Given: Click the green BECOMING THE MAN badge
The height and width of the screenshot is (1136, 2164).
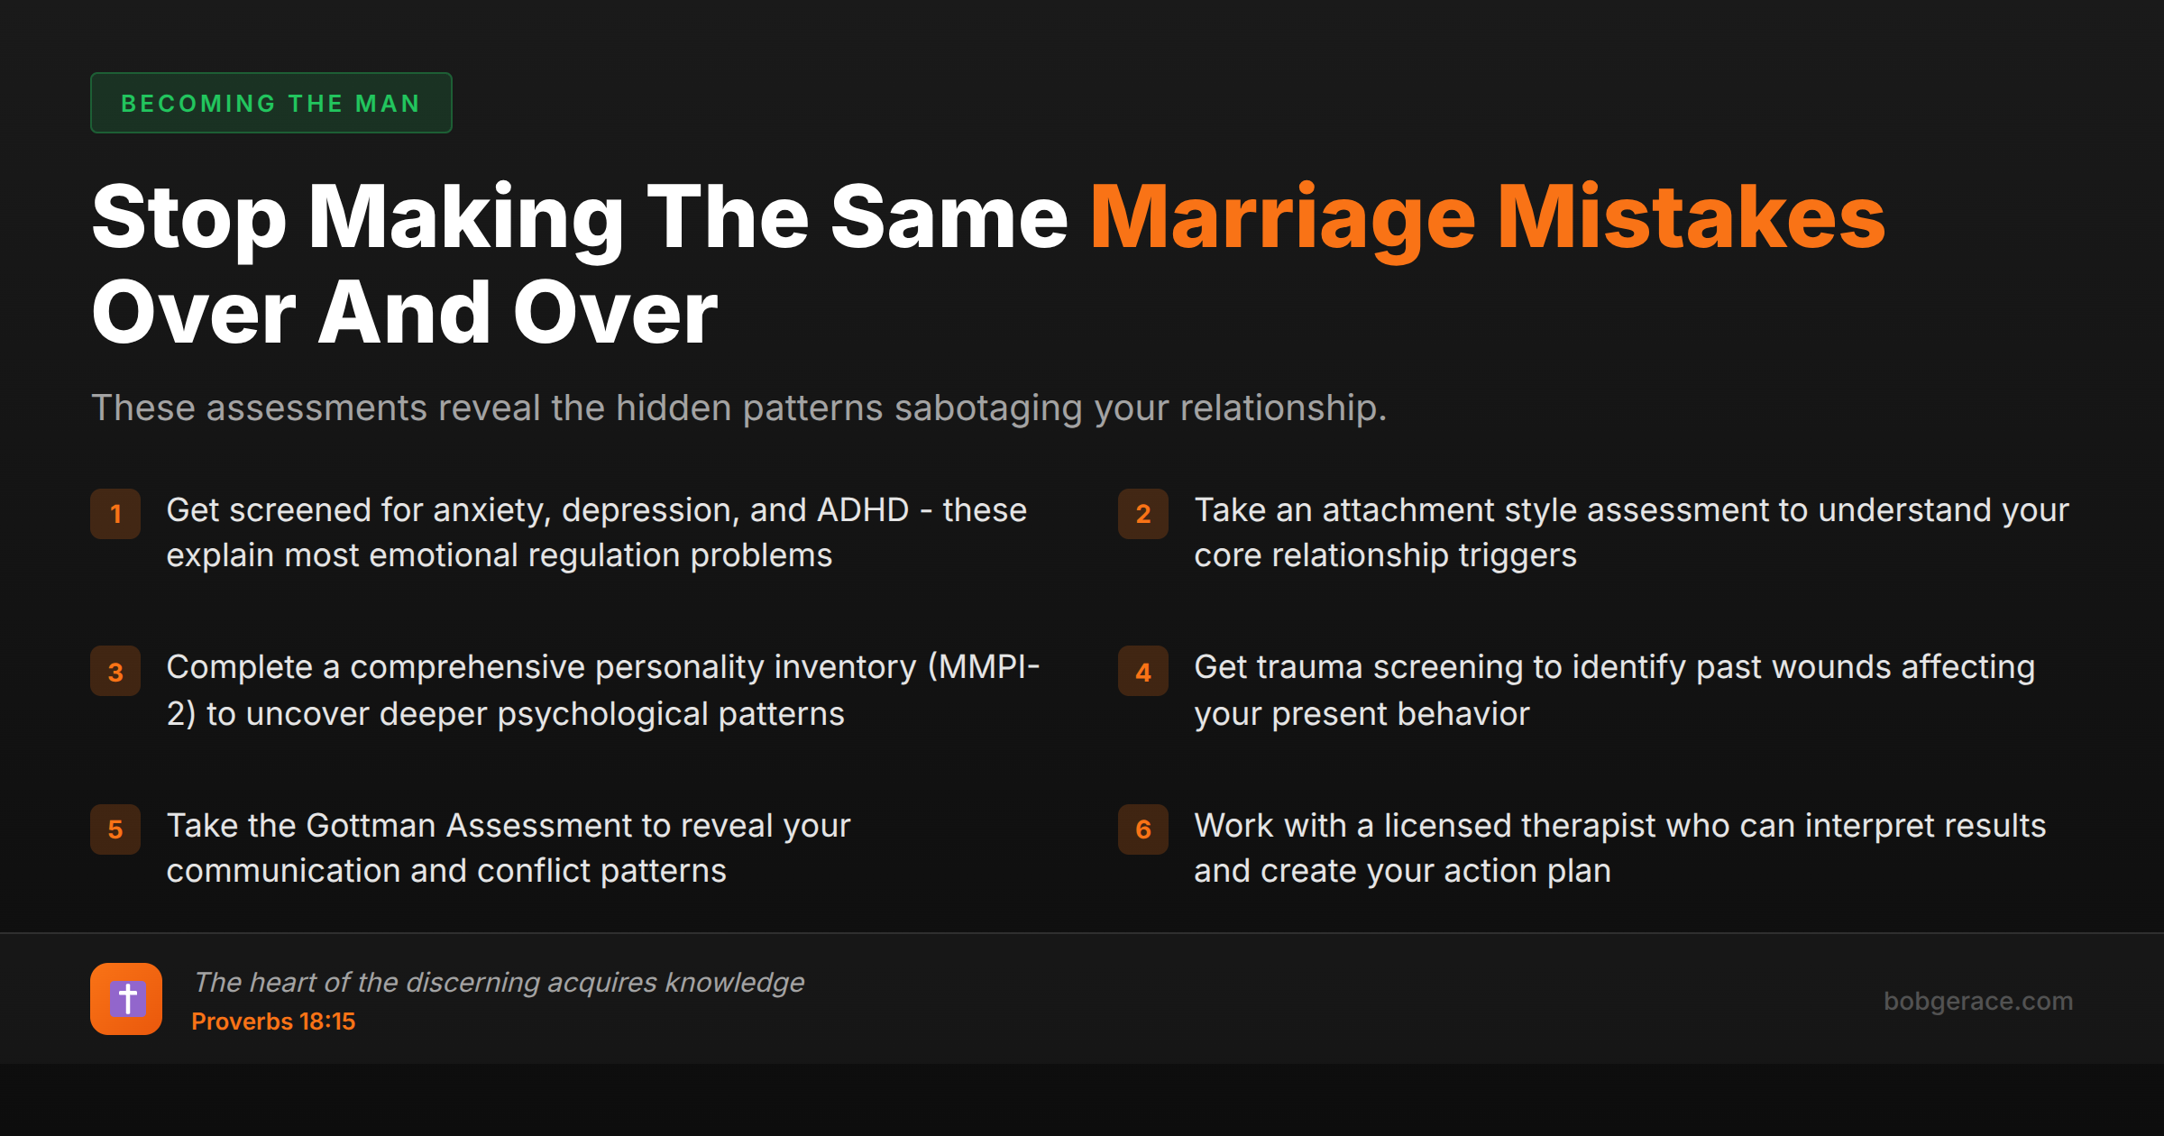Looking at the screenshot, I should tap(270, 103).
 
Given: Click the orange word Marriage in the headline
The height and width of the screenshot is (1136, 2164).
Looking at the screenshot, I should tap(1282, 218).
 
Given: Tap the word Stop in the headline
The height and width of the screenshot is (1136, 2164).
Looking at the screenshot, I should tap(188, 218).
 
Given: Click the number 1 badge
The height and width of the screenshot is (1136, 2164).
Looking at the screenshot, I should tap(115, 514).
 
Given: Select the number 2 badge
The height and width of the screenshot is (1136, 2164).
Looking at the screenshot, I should tap(1142, 514).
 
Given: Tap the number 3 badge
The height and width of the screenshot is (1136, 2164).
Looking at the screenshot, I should tap(115, 672).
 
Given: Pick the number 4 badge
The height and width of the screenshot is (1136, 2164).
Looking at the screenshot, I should tap(1142, 672).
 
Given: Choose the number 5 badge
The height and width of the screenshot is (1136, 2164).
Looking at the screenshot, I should tap(115, 829).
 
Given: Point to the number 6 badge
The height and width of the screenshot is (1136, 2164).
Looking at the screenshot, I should tap(1142, 829).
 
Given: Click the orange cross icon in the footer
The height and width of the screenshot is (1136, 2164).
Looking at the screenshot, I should tap(126, 999).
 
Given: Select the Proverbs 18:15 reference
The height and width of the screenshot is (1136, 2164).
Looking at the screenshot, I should tap(273, 1021).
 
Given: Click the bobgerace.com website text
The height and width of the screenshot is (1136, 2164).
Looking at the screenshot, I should tap(1977, 1001).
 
